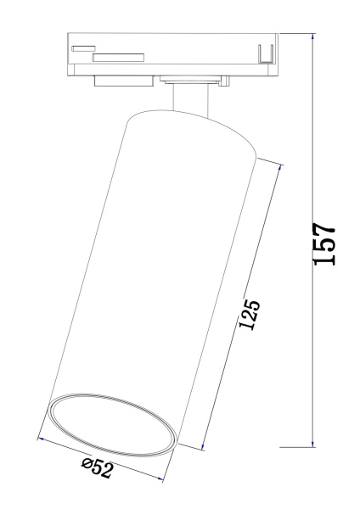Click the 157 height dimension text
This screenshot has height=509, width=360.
tap(325, 245)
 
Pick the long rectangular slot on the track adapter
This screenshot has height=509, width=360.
tap(118, 58)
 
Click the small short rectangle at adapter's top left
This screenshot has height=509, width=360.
tap(82, 48)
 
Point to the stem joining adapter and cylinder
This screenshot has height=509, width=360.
tap(188, 99)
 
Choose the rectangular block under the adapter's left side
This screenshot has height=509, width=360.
tap(122, 81)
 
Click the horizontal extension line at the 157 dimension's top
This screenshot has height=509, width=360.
tap(297, 34)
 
